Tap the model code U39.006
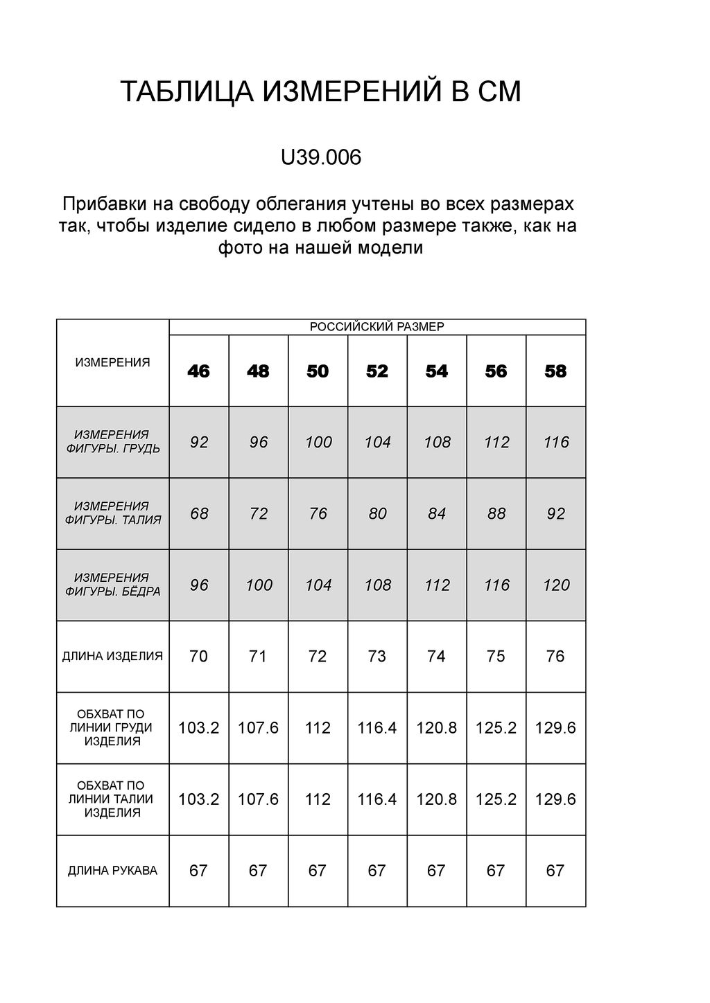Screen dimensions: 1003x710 tap(320, 158)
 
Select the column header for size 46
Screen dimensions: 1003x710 tap(198, 372)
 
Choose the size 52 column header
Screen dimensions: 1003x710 tap(377, 372)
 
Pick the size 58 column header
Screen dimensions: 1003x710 tap(555, 372)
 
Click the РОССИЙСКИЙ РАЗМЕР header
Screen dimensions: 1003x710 tap(376, 327)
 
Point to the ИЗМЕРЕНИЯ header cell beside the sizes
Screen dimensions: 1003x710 tap(112, 362)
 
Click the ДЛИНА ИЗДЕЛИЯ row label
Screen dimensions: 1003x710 tap(112, 656)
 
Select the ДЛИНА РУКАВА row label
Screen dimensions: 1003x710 tap(112, 871)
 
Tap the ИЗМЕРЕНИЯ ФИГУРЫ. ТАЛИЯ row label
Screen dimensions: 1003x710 tap(112, 513)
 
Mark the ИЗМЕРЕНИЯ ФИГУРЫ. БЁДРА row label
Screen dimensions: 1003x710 tap(112, 585)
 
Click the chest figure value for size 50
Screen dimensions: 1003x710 tap(318, 442)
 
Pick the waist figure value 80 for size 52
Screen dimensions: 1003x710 tap(377, 514)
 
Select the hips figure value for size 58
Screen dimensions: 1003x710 tap(556, 585)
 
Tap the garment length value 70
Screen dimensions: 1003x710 tap(198, 657)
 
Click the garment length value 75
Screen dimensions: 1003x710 tap(496, 657)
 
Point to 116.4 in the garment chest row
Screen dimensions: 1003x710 tap(377, 728)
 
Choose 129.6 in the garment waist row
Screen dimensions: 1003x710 tap(555, 799)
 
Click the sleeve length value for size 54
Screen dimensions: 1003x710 tap(436, 871)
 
